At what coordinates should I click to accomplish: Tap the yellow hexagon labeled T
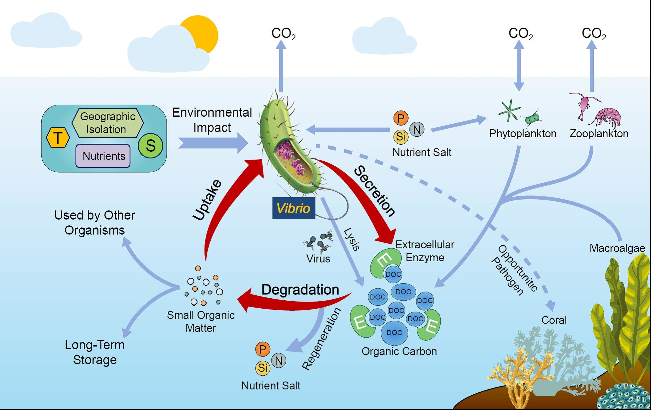click(58, 138)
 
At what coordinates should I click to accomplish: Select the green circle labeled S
click(150, 145)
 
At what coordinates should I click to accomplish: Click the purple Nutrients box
click(103, 156)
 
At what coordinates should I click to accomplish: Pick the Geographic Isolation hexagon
click(108, 123)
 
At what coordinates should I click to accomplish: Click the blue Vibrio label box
click(294, 208)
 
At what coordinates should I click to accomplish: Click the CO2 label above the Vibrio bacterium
click(283, 34)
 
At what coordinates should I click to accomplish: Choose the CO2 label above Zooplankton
click(594, 34)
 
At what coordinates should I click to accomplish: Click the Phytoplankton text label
click(523, 134)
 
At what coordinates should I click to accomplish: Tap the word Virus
click(318, 259)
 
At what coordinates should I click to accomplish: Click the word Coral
click(554, 320)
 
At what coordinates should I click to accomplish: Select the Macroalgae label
click(617, 248)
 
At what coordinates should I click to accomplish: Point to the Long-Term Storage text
click(95, 352)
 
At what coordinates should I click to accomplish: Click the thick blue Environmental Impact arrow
click(213, 143)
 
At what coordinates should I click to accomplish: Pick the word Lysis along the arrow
click(352, 239)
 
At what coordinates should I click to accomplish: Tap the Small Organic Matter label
click(201, 322)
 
